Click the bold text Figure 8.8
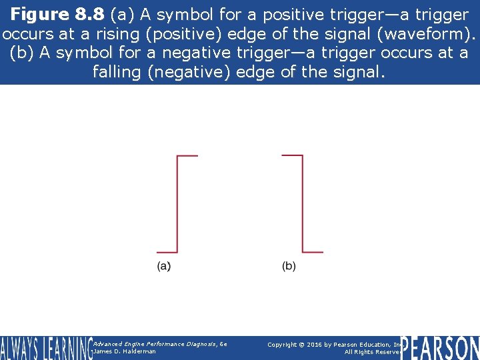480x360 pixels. (58, 14)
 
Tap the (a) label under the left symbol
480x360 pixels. (164, 267)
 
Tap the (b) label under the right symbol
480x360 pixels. (289, 267)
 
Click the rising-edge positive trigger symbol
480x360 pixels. (177, 204)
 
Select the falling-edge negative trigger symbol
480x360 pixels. (303, 204)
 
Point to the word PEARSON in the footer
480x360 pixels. (440, 348)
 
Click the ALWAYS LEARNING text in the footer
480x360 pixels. (46, 348)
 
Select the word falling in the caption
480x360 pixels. (117, 71)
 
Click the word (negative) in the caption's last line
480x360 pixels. (189, 71)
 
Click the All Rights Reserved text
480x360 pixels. (373, 352)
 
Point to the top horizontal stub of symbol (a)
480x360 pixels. (188, 156)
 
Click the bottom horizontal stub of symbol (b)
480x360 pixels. (313, 252)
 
